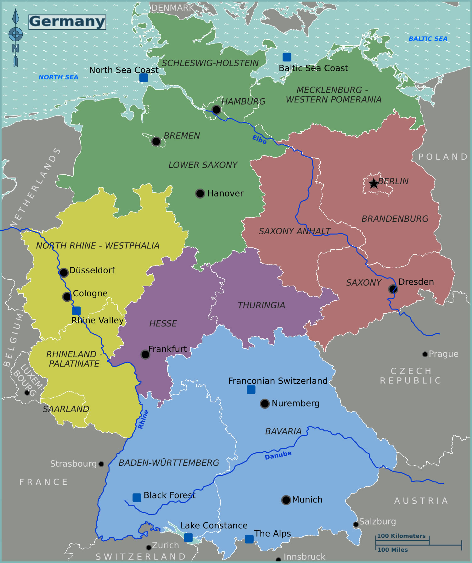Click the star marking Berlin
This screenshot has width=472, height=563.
374,183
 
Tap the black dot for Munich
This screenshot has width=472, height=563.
286,500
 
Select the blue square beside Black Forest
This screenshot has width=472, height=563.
137,498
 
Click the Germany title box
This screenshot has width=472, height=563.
67,22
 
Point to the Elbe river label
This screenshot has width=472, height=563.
260,139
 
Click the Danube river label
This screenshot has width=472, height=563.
278,455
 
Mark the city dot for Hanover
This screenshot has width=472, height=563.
200,193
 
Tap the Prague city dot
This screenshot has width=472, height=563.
425,354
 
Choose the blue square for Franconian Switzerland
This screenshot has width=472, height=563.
251,390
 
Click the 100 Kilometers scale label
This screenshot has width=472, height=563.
401,536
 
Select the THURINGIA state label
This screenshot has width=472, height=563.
261,305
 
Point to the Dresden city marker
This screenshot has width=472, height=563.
393,289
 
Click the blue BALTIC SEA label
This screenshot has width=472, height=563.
428,39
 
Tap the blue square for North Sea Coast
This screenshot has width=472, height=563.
143,78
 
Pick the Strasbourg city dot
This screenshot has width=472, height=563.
101,464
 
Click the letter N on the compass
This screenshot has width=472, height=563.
15,48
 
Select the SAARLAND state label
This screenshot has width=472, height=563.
66,409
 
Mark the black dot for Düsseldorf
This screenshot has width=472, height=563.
64,272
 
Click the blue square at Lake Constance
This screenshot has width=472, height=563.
188,537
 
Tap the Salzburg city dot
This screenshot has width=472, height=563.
356,524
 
